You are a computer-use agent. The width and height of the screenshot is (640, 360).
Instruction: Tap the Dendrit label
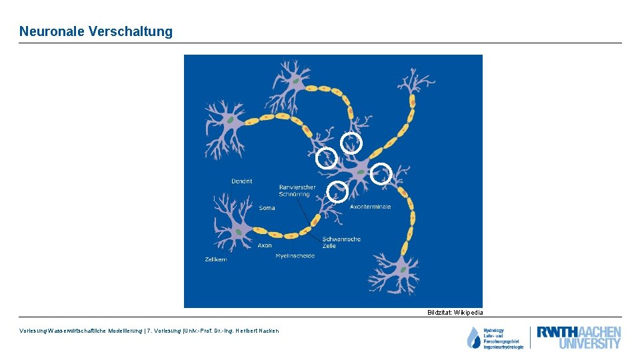tap(241, 181)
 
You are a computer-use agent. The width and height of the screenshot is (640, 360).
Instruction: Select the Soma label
tap(267, 208)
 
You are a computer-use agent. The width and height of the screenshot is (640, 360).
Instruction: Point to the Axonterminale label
tap(370, 207)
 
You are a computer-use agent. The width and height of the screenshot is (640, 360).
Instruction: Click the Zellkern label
tap(215, 259)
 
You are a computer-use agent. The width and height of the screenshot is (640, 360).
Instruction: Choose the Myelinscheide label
tap(295, 257)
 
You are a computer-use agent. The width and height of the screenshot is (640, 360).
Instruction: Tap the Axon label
tap(265, 245)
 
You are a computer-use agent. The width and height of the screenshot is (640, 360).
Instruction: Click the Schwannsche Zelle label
tap(341, 242)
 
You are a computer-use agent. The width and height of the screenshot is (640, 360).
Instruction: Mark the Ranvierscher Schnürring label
tap(297, 191)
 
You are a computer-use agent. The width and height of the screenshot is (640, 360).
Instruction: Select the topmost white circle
tap(351, 143)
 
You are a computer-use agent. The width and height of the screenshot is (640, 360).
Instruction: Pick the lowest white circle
tap(338, 192)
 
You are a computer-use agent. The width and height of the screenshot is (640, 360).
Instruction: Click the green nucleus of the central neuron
tap(360, 172)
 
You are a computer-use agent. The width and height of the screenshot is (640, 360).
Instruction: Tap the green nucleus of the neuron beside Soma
tap(238, 231)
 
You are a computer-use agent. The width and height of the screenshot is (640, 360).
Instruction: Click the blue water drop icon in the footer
tap(473, 338)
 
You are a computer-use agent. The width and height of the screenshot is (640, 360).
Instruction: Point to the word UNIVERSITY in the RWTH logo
tap(589, 344)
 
